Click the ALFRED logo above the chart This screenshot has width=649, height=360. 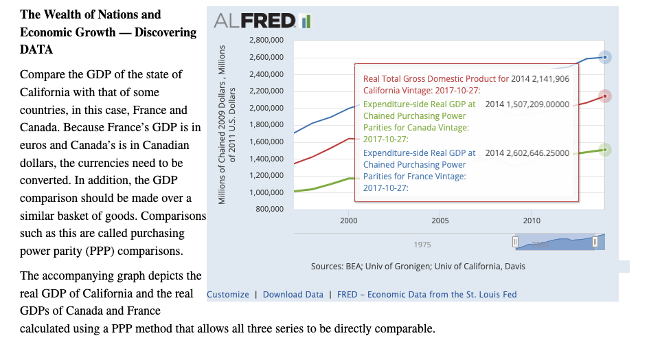pyautogui.click(x=262, y=21)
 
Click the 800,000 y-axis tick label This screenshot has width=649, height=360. pyautogui.click(x=270, y=209)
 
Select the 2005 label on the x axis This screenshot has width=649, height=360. pyautogui.click(x=440, y=221)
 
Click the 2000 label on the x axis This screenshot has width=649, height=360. pyautogui.click(x=348, y=221)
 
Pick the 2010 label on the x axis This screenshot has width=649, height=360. pyautogui.click(x=532, y=221)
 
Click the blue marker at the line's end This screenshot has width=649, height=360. pyautogui.click(x=604, y=57)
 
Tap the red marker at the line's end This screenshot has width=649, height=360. pyautogui.click(x=604, y=96)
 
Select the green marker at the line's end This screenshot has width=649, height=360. pyautogui.click(x=604, y=149)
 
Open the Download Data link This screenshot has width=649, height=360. pyautogui.click(x=293, y=295)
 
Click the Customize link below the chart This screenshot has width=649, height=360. pyautogui.click(x=228, y=295)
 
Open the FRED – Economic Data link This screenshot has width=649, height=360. pyautogui.click(x=426, y=295)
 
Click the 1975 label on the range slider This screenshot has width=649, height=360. pyautogui.click(x=422, y=245)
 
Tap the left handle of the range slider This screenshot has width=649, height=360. pyautogui.click(x=515, y=242)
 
